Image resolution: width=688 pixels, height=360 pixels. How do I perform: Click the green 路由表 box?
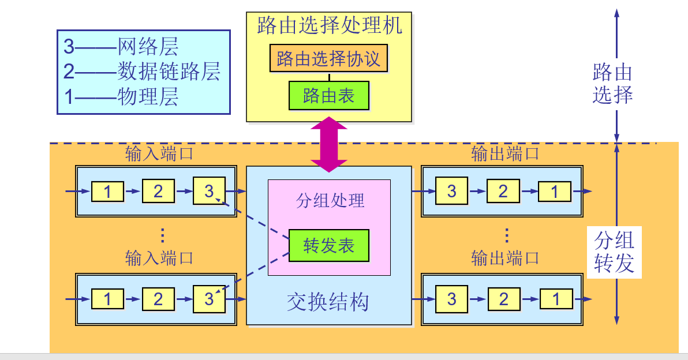(328, 96)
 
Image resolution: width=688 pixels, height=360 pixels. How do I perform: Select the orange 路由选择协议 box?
(328, 59)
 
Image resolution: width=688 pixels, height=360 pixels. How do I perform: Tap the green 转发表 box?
(328, 246)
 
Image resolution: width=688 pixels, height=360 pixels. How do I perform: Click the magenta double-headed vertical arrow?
(329, 144)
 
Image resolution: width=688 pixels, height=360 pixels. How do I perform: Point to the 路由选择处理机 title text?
(329, 25)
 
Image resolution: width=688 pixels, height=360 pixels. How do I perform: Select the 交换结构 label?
(328, 302)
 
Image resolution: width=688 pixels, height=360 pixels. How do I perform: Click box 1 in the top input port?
(107, 191)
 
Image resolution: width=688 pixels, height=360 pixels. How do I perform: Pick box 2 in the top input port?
(158, 191)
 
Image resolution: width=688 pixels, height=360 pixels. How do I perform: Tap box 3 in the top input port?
(209, 191)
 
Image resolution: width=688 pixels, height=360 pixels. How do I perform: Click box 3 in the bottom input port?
(209, 299)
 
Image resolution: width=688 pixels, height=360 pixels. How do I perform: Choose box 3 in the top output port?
(451, 191)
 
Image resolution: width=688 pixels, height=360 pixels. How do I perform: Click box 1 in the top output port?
(555, 191)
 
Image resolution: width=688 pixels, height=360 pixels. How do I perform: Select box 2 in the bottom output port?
(503, 299)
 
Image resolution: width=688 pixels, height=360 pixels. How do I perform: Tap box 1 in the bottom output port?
(556, 299)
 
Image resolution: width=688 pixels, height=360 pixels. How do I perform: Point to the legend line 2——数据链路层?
(142, 72)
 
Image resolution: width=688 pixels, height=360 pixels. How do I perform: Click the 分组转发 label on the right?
(614, 252)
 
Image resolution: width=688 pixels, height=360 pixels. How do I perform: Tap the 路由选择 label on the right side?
(612, 84)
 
